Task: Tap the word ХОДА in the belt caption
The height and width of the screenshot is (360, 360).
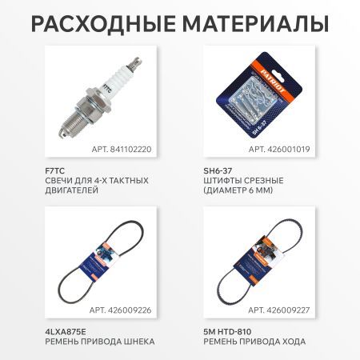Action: tap(290, 342)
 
